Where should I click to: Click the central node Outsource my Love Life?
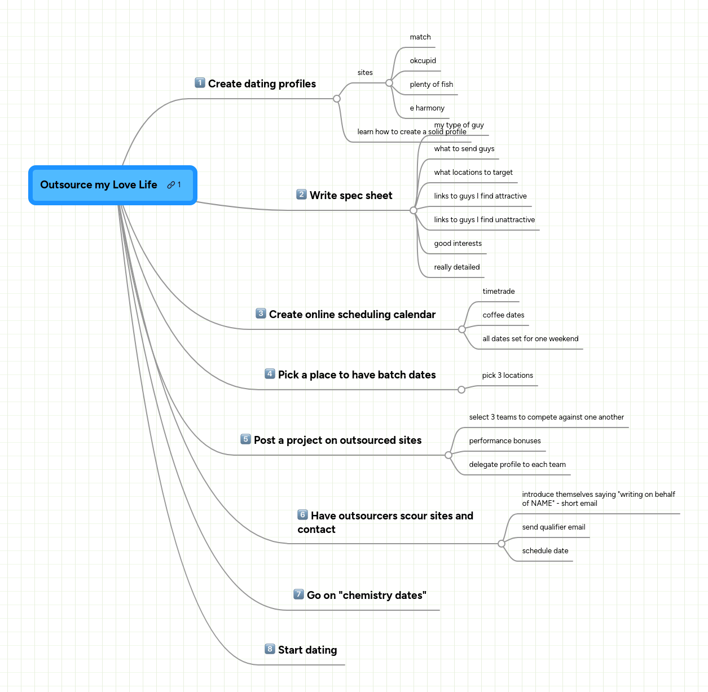(99, 185)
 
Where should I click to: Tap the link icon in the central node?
(171, 185)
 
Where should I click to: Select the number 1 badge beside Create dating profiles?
(200, 83)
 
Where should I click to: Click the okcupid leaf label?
(423, 61)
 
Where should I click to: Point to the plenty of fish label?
(431, 85)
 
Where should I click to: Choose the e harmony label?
(427, 108)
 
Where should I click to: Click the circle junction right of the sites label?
(389, 83)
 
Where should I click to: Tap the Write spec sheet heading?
(351, 196)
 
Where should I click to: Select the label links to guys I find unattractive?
(484, 220)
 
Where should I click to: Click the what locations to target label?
(473, 173)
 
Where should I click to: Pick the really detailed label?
(457, 267)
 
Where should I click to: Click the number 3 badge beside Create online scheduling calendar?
(261, 314)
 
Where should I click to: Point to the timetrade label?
(499, 292)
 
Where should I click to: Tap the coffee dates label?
(503, 315)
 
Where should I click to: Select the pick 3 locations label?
(507, 376)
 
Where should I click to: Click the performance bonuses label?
(505, 441)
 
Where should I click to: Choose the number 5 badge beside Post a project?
(245, 439)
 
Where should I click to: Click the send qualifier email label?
(553, 527)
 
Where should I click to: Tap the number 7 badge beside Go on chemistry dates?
(299, 594)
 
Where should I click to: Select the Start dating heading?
(307, 650)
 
